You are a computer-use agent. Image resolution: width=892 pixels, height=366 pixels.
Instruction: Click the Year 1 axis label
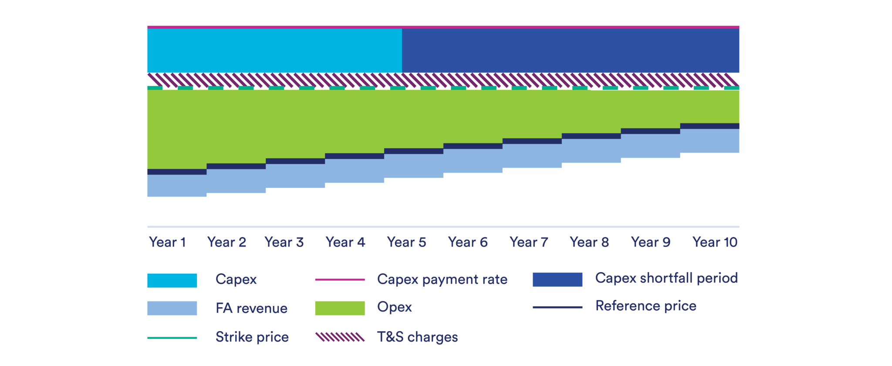(x=168, y=242)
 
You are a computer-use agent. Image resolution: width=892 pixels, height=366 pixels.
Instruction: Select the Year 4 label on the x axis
(x=345, y=242)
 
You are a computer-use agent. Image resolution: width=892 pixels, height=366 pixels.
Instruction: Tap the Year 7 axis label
(x=529, y=242)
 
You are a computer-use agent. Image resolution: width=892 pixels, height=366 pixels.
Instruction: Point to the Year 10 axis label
(x=715, y=242)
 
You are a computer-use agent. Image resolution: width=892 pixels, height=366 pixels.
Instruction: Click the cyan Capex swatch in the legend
(x=172, y=280)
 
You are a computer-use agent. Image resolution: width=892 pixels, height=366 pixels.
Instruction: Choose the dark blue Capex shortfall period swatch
(x=557, y=279)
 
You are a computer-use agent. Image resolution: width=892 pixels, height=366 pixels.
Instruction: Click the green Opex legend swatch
(x=340, y=308)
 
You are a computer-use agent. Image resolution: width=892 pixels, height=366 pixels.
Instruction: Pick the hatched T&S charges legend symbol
(x=340, y=337)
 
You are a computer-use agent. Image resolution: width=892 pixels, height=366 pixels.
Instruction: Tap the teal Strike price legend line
(x=172, y=338)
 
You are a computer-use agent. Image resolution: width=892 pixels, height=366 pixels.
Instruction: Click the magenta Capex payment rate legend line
(x=340, y=280)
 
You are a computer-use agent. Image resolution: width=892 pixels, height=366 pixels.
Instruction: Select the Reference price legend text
(x=645, y=306)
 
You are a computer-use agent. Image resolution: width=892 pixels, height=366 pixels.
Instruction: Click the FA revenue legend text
(x=252, y=308)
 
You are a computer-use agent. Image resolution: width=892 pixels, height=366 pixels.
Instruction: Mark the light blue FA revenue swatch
(x=172, y=308)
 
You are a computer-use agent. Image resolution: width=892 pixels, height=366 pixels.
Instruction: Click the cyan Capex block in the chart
(x=274, y=51)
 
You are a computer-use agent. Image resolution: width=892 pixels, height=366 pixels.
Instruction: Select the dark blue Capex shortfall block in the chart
(x=571, y=51)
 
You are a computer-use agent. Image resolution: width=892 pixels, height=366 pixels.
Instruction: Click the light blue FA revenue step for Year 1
(x=177, y=186)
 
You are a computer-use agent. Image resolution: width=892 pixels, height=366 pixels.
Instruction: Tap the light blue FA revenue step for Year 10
(x=710, y=141)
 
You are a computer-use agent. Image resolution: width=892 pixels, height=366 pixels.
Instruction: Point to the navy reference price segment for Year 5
(x=414, y=151)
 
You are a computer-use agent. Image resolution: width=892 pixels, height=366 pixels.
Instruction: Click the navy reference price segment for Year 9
(x=650, y=131)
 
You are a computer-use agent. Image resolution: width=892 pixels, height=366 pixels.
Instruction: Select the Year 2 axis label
(x=226, y=242)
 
